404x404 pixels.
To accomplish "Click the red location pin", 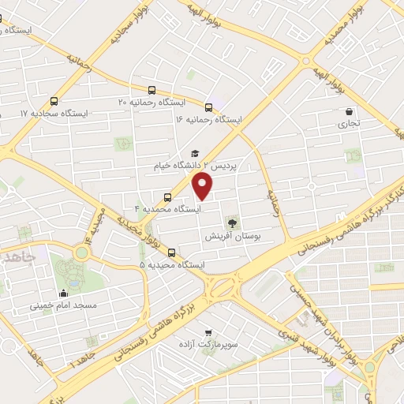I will (204, 186).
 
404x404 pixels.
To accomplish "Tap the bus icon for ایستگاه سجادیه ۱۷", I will (54, 101).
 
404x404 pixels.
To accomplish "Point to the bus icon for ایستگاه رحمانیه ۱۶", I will (208, 107).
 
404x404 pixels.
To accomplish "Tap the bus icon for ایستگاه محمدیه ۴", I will (166, 197).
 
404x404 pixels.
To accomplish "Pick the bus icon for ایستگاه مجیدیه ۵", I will (172, 252).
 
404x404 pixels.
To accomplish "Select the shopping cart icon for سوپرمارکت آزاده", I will (208, 333).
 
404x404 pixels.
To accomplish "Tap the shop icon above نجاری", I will (348, 111).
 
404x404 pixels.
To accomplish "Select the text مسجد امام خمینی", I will (63, 305).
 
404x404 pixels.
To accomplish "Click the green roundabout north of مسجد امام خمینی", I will (80, 253).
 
